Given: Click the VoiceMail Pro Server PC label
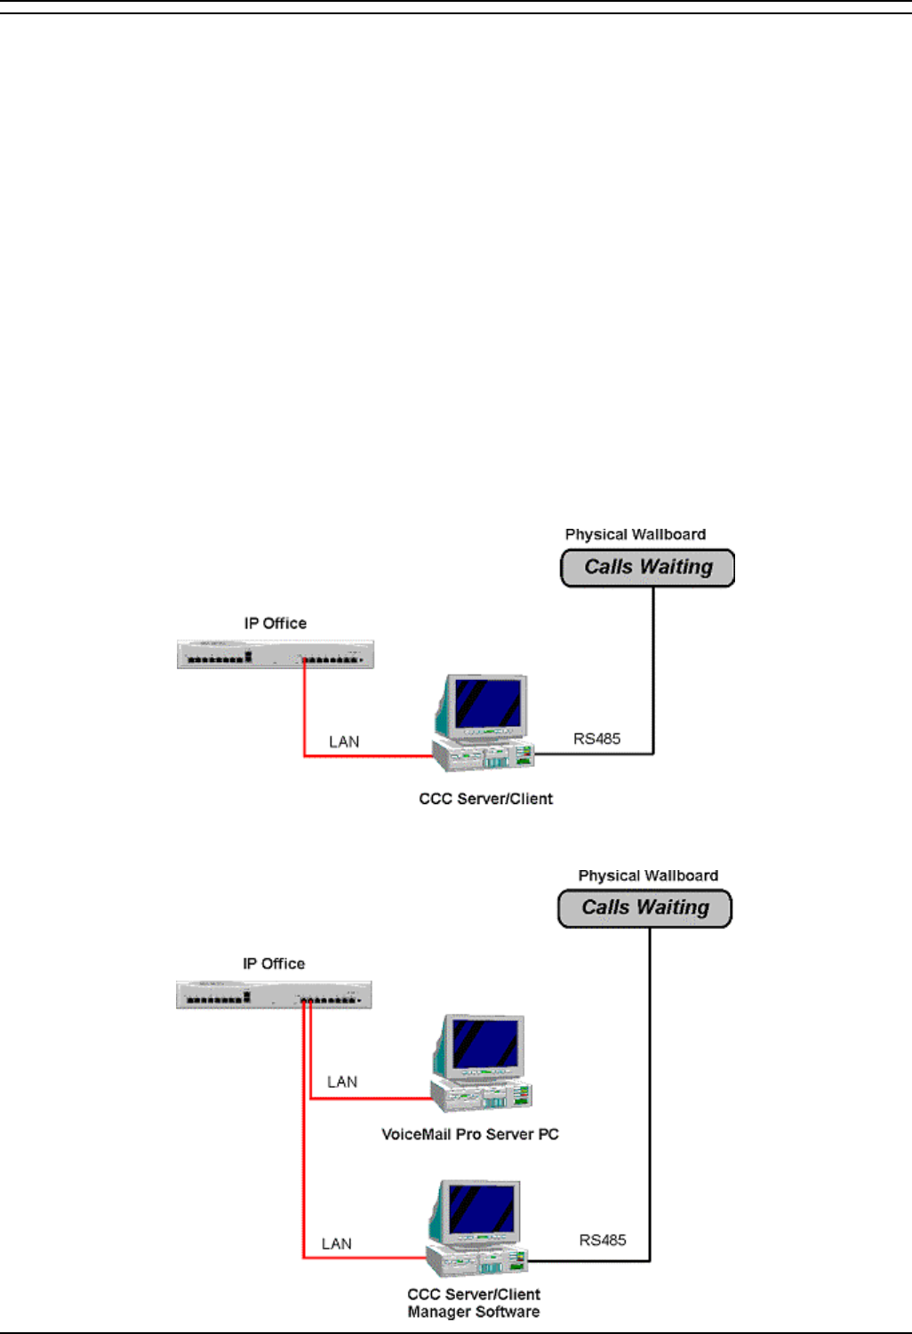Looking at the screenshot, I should (470, 1134).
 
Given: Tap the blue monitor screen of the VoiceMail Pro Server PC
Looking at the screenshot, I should (484, 1043).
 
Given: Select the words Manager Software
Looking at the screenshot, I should (473, 1312).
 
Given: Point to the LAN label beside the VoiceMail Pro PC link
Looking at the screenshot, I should (342, 1082).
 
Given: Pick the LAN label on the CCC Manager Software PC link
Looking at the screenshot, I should (337, 1243).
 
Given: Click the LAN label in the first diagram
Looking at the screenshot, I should (344, 741).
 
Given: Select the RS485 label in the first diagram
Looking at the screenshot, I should (596, 739).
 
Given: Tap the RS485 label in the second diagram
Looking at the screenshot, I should (603, 1240).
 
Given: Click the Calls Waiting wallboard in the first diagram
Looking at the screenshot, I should (648, 568).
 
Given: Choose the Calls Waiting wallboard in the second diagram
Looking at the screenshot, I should (645, 908).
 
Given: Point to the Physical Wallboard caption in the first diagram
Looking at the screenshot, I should (636, 534).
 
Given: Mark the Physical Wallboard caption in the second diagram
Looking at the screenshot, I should (648, 875).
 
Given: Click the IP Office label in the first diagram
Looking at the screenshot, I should (276, 623).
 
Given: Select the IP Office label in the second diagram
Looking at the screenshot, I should (274, 963).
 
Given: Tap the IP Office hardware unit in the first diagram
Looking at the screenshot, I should (276, 654).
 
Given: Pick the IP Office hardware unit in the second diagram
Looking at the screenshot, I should (274, 995).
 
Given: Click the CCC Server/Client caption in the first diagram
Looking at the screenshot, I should (486, 799).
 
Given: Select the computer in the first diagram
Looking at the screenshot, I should (484, 723).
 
